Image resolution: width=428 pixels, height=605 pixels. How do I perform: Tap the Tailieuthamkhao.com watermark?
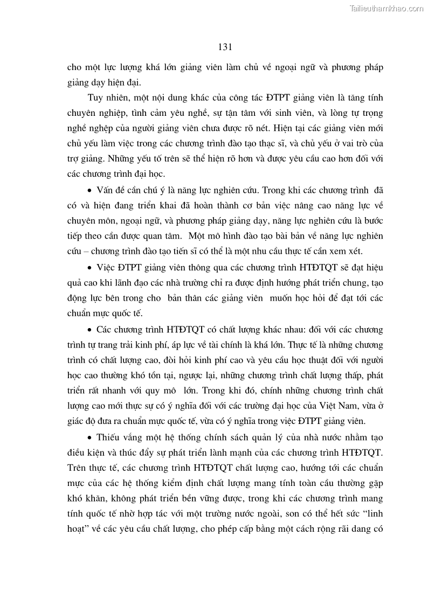click(x=386, y=8)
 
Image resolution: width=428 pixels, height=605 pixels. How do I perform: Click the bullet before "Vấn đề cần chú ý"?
click(x=89, y=191)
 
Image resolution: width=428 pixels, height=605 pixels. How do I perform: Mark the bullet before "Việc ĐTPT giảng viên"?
click(x=89, y=268)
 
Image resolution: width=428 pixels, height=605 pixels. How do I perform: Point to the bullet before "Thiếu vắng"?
click(x=89, y=437)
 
